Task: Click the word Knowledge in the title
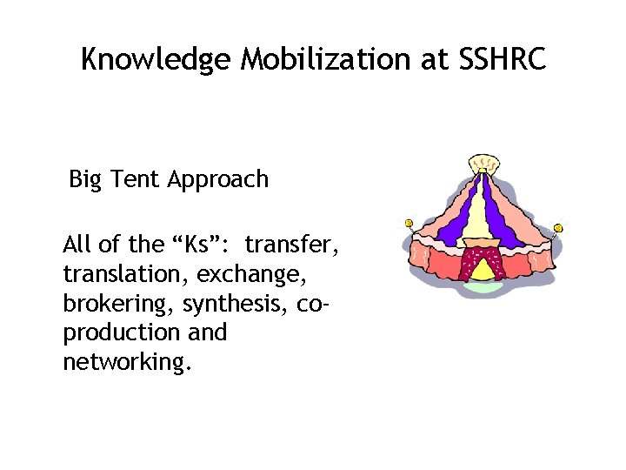tap(156, 60)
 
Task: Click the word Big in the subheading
tap(85, 180)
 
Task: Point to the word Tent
tap(134, 180)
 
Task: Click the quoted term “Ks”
tap(199, 245)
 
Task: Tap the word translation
tap(126, 274)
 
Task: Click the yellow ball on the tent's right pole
tap(558, 228)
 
